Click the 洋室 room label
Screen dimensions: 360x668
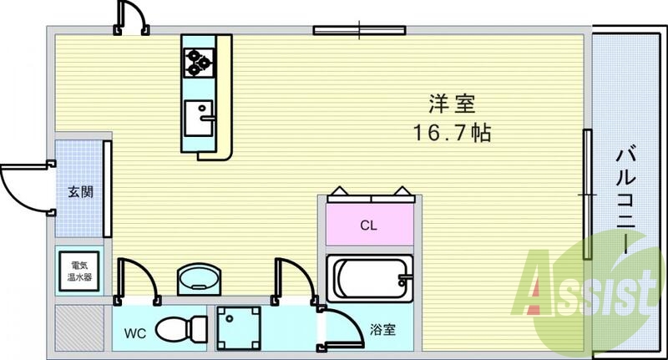[x=452, y=104]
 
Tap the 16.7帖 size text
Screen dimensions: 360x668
[x=452, y=132]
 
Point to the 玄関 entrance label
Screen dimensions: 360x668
[x=80, y=191]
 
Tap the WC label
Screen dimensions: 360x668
[x=135, y=332]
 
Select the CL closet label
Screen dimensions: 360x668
[x=368, y=225]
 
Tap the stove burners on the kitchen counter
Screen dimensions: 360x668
[x=199, y=61]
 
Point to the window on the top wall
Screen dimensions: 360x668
[x=360, y=31]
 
